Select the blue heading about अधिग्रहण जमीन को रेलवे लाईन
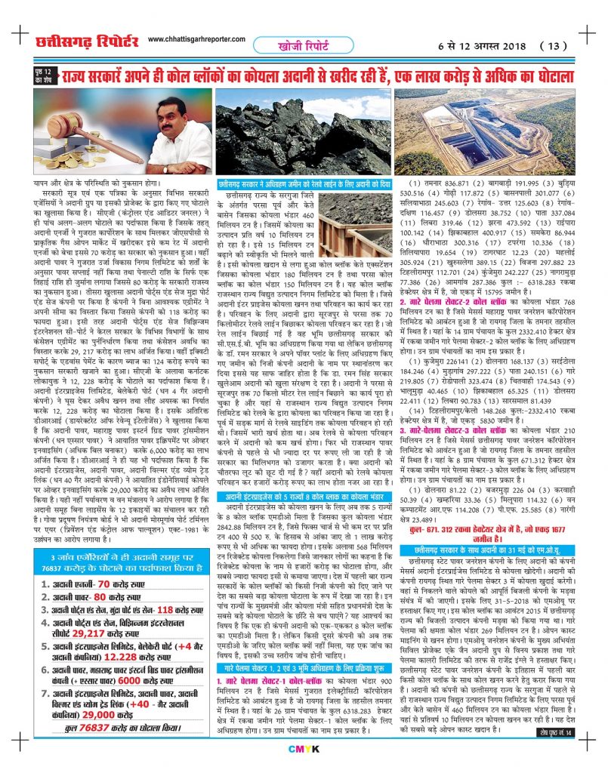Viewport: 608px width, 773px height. click(304, 183)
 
